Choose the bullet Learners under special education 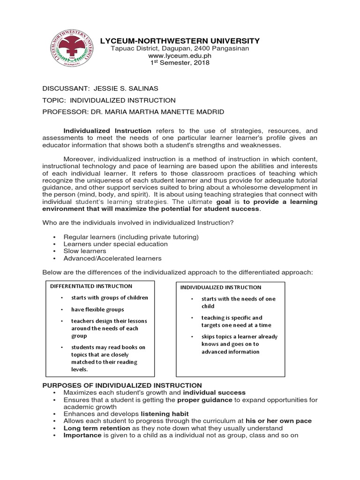(116, 244)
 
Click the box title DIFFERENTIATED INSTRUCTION (91, 286)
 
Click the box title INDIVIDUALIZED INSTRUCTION (221, 287)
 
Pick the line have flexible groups (97, 309)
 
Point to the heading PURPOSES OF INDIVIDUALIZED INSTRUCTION (122, 385)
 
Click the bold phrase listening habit (165, 414)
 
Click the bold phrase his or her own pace (278, 421)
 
